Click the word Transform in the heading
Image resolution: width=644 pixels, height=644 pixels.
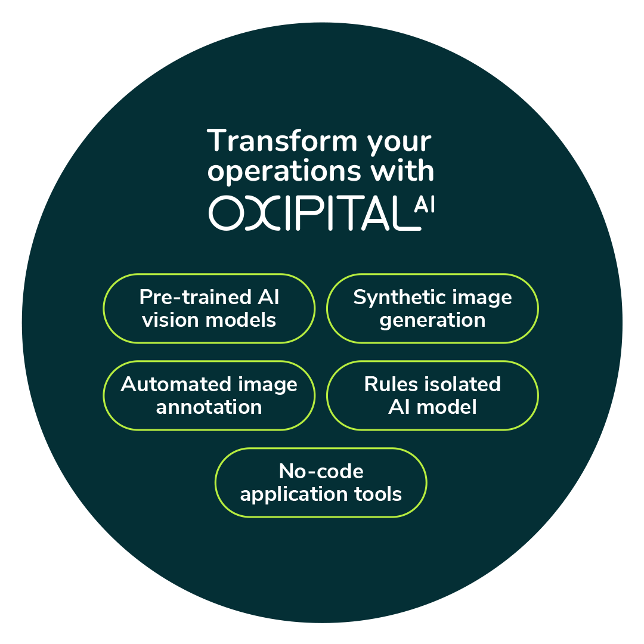pos(282,141)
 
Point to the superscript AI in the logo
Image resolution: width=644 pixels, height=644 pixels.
pos(425,204)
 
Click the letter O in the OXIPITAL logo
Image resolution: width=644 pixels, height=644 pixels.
pos(227,213)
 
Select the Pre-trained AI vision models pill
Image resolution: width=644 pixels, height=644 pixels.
pos(209,308)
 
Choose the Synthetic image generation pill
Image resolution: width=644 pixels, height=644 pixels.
pos(432,308)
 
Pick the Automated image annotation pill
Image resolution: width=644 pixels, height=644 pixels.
pos(209,395)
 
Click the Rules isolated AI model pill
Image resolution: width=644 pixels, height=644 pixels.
pos(432,395)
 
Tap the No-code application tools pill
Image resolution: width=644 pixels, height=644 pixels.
pos(321,482)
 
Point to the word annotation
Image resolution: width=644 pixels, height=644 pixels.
pos(209,407)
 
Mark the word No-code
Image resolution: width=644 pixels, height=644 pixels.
pos(321,471)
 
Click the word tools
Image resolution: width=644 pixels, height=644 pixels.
pos(378,494)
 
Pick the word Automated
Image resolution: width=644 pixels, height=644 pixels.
pos(177,385)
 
